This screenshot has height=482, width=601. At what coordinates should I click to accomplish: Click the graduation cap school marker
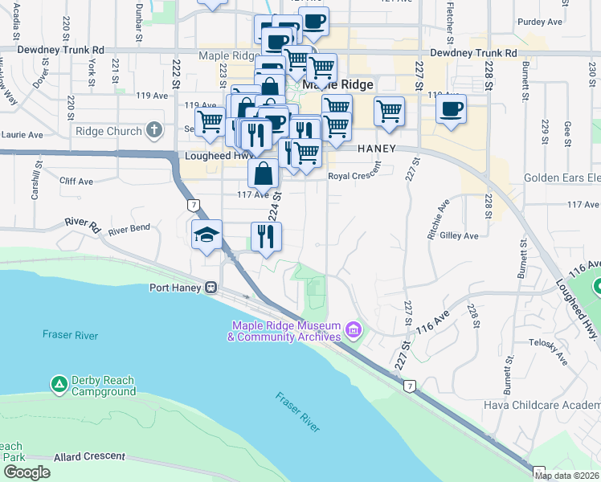pos(206,235)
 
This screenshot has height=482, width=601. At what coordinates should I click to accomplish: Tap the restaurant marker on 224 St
pos(265,235)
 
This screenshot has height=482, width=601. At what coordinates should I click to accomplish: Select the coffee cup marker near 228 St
pos(452,108)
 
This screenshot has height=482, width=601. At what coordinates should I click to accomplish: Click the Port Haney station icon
pos(211,287)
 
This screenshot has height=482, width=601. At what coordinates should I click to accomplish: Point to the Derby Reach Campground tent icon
pos(59,385)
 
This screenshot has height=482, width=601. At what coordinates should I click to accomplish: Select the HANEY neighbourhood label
pos(378,149)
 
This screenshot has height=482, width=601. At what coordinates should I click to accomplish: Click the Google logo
pos(27,472)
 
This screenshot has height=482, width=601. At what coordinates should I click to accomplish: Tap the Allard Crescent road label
pos(88,456)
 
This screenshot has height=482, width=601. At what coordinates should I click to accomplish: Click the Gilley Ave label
pos(459,235)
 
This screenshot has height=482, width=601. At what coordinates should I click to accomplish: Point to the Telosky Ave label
pos(547,351)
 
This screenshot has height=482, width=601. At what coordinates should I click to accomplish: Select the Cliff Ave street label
pos(76,182)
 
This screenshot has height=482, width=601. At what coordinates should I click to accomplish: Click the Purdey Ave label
pos(539,22)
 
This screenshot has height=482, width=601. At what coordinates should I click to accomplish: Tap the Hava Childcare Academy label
pos(542,405)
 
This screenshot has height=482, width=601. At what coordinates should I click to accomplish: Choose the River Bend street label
pos(129,230)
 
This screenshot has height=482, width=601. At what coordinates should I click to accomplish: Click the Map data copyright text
pos(566,476)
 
